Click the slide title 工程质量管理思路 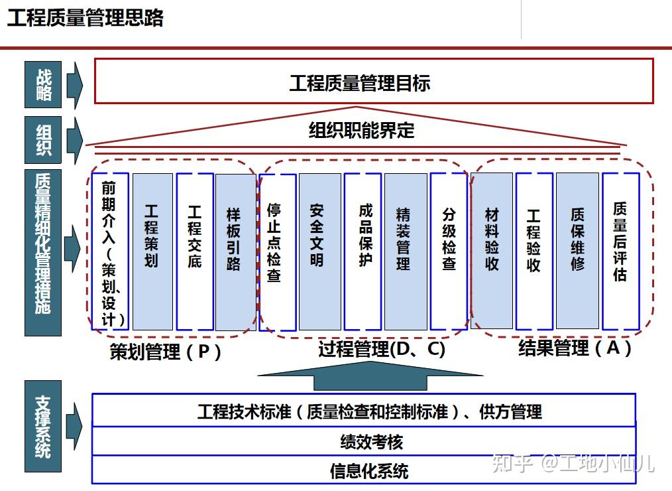point(85,18)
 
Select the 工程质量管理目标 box point(374,81)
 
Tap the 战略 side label point(43,84)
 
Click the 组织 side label point(43,140)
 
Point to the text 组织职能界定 point(361,130)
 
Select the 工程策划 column point(152,251)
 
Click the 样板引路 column point(235,251)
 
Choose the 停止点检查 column point(278,252)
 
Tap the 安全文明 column point(319,251)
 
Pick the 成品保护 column point(363,251)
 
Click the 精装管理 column point(406,251)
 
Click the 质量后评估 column point(621,251)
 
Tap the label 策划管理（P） point(166,352)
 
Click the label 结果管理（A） point(575,348)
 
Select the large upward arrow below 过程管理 point(370,376)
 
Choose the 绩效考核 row point(364,441)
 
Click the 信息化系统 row point(364,470)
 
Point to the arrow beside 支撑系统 point(74,426)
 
